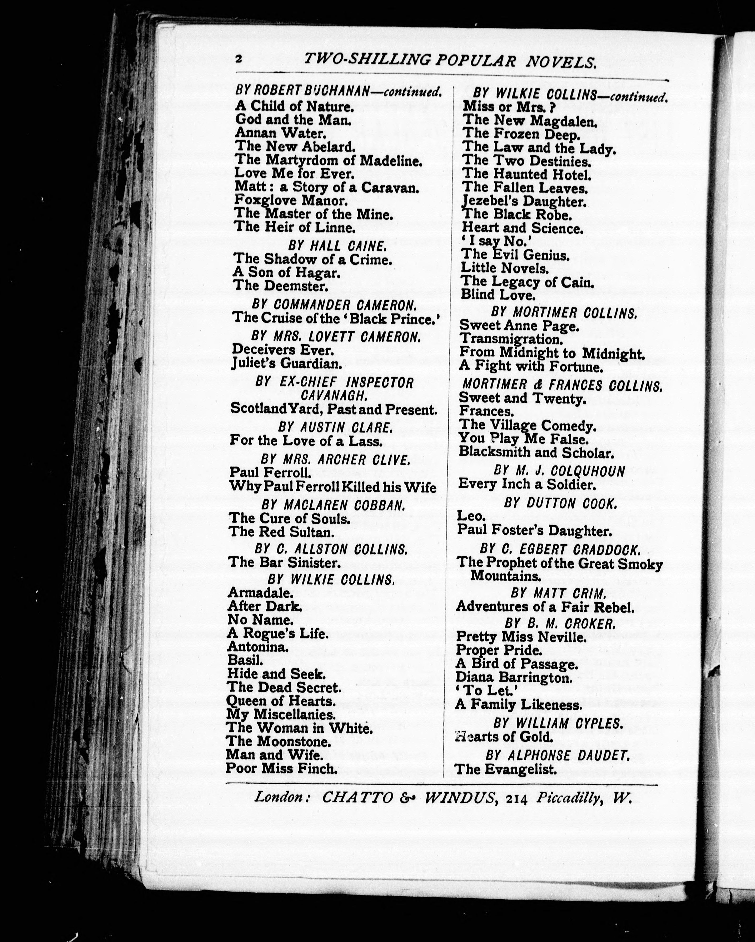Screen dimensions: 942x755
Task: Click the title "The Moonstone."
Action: tap(278, 742)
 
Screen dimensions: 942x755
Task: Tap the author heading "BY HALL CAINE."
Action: tap(337, 246)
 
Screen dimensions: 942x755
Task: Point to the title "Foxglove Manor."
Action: tap(291, 200)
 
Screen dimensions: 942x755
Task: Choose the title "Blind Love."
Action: tap(498, 295)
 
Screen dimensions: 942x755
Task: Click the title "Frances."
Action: tap(486, 411)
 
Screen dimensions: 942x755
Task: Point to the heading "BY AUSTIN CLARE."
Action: tap(335, 427)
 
